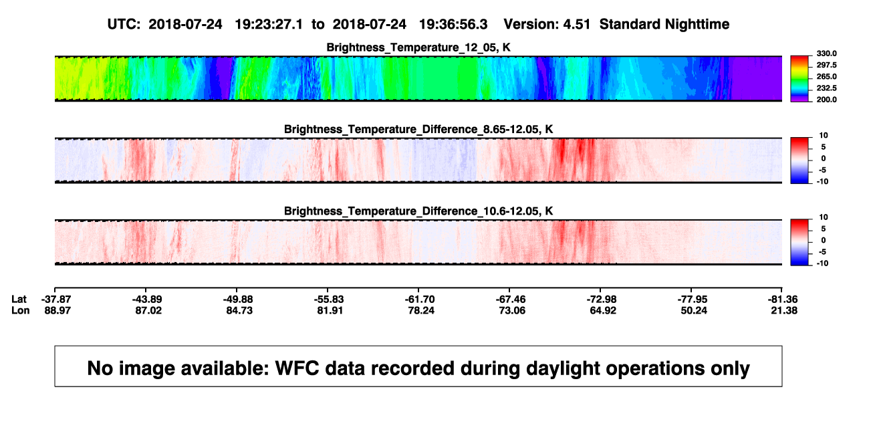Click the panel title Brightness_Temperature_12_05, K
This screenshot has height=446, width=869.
pos(418,47)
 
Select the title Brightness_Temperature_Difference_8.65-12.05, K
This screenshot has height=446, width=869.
pos(418,129)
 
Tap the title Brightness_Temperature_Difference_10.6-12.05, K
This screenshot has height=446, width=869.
pos(418,211)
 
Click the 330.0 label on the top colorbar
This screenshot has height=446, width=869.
pos(826,53)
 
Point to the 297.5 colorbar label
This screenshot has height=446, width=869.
pos(826,65)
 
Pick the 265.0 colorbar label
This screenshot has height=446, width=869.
pos(826,76)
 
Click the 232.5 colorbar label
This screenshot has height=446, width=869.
pos(826,88)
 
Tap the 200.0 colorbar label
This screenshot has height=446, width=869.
pos(826,100)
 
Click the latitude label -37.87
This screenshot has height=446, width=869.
pos(56,300)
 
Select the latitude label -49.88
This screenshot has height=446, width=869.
pos(238,300)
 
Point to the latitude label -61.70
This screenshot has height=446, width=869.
pos(420,300)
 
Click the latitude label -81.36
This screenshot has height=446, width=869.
pos(783,300)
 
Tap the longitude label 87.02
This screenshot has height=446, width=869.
pos(148,310)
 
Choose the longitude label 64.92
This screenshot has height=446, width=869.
pos(603,310)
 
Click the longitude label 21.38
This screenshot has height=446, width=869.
pos(784,310)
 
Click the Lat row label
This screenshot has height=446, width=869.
pos(19,300)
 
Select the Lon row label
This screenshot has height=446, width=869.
pos(21,310)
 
